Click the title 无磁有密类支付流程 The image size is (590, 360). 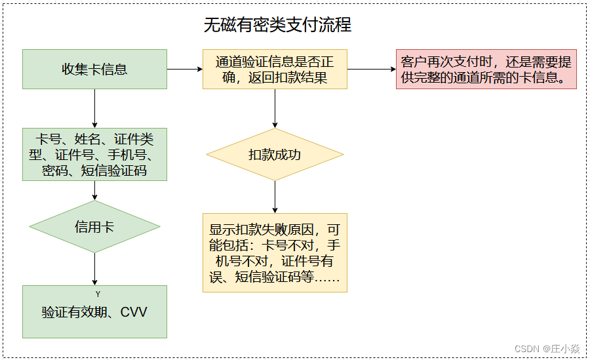pyautogui.click(x=277, y=25)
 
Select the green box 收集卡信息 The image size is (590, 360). pyautogui.click(x=94, y=69)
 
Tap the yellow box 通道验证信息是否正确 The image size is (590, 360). pyautogui.click(x=275, y=70)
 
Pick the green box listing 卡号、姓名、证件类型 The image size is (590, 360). pyautogui.click(x=94, y=155)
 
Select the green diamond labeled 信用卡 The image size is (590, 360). pyautogui.click(x=94, y=227)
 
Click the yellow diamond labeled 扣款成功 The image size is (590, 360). pyautogui.click(x=275, y=155)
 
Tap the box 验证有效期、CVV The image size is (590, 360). pyautogui.click(x=94, y=312)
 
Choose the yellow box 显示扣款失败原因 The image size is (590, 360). pyautogui.click(x=275, y=253)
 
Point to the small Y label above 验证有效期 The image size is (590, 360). pyautogui.click(x=98, y=294)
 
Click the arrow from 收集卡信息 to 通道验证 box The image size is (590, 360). pyautogui.click(x=185, y=69)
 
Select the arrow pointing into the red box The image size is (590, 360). pyautogui.click(x=371, y=69)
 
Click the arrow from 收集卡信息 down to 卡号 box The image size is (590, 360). pyautogui.click(x=94, y=108)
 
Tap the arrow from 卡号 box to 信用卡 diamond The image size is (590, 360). pyautogui.click(x=94, y=190)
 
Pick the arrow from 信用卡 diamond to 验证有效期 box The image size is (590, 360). pyautogui.click(x=94, y=269)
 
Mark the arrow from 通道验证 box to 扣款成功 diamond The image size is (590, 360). pyautogui.click(x=275, y=108)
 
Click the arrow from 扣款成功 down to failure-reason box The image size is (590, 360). pyautogui.click(x=275, y=197)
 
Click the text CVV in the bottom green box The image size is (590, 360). pyautogui.click(x=134, y=312)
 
